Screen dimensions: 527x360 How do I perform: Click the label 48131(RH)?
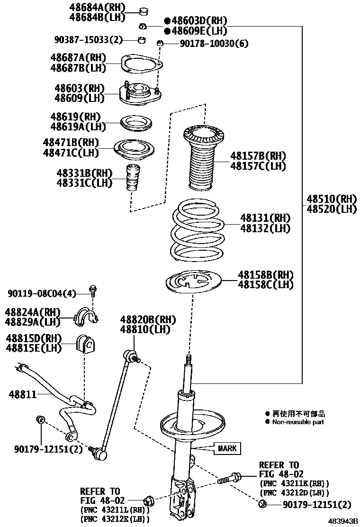tap(265, 218)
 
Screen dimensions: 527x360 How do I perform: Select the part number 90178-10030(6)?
tap(214, 44)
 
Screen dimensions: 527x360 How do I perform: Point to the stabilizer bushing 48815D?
tap(85, 345)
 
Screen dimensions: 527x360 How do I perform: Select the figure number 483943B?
tap(342, 521)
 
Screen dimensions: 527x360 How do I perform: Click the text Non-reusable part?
tap(298, 422)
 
